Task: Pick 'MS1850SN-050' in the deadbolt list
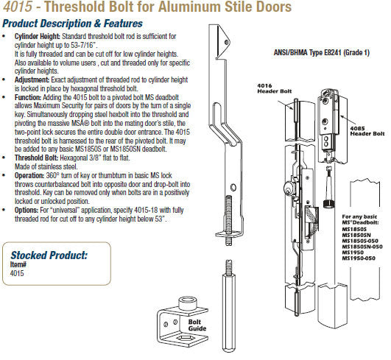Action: [x=367, y=246]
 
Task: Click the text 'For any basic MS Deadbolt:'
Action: [x=362, y=218]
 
